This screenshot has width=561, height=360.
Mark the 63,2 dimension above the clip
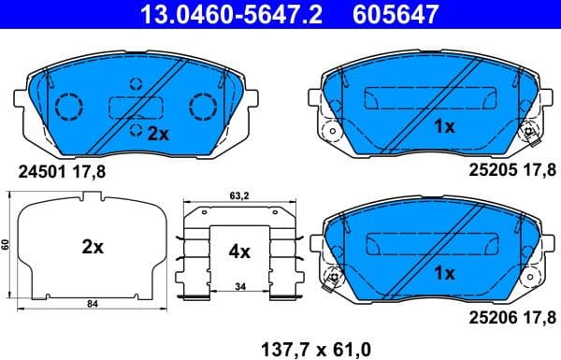pos(239,197)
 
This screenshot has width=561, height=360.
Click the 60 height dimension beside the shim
pos(6,244)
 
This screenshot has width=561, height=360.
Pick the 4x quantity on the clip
pos(239,251)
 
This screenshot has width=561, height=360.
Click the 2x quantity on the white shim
pos(92,248)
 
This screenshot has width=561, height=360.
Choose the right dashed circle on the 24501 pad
pos(202,105)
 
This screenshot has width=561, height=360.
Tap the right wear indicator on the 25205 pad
pos(530,137)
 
